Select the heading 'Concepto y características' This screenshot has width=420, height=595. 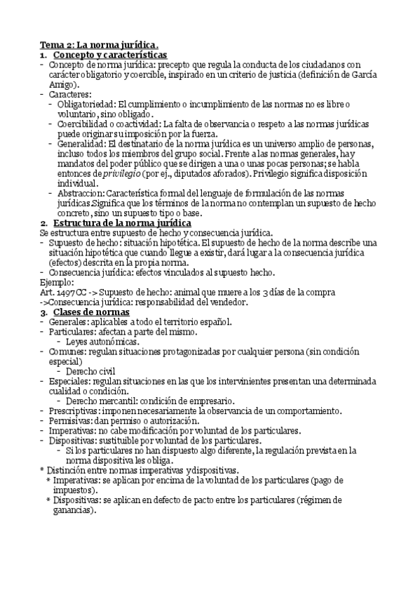pyautogui.click(x=110, y=55)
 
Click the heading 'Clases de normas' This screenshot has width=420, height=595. pyautogui.click(x=91, y=311)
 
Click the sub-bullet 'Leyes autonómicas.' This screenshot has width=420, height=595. pyautogui.click(x=102, y=341)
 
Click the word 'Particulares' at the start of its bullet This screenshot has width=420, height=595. pyautogui.click(x=74, y=331)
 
